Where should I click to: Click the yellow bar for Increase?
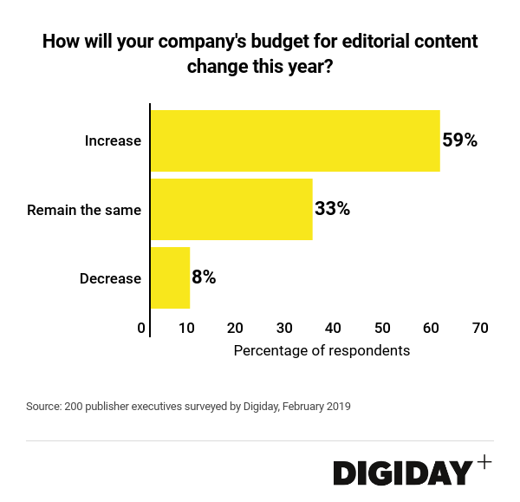(295, 140)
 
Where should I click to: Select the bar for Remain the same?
(231, 209)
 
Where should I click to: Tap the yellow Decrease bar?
(170, 277)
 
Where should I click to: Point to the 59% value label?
(460, 140)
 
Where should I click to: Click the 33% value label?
(332, 209)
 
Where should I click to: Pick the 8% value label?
(204, 277)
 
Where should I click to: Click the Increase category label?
(113, 140)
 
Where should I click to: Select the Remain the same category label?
(84, 209)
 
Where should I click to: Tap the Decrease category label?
(110, 278)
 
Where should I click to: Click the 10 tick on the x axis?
(186, 328)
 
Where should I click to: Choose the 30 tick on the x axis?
(284, 328)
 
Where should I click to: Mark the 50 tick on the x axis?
(382, 328)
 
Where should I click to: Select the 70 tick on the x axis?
(480, 328)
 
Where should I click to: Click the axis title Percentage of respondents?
(322, 351)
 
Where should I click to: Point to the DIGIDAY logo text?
(403, 473)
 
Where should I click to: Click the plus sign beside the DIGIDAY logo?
(484, 462)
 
